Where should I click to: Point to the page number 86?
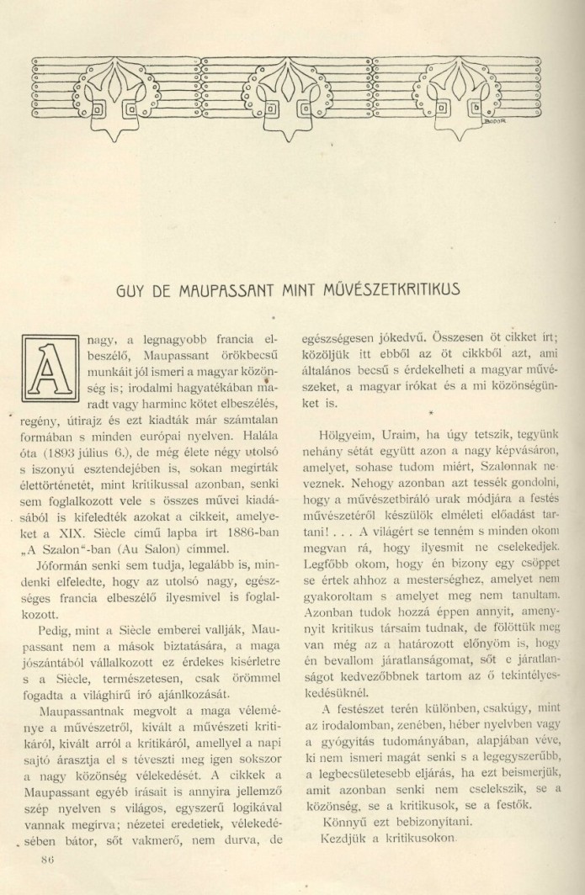point(46,859)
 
